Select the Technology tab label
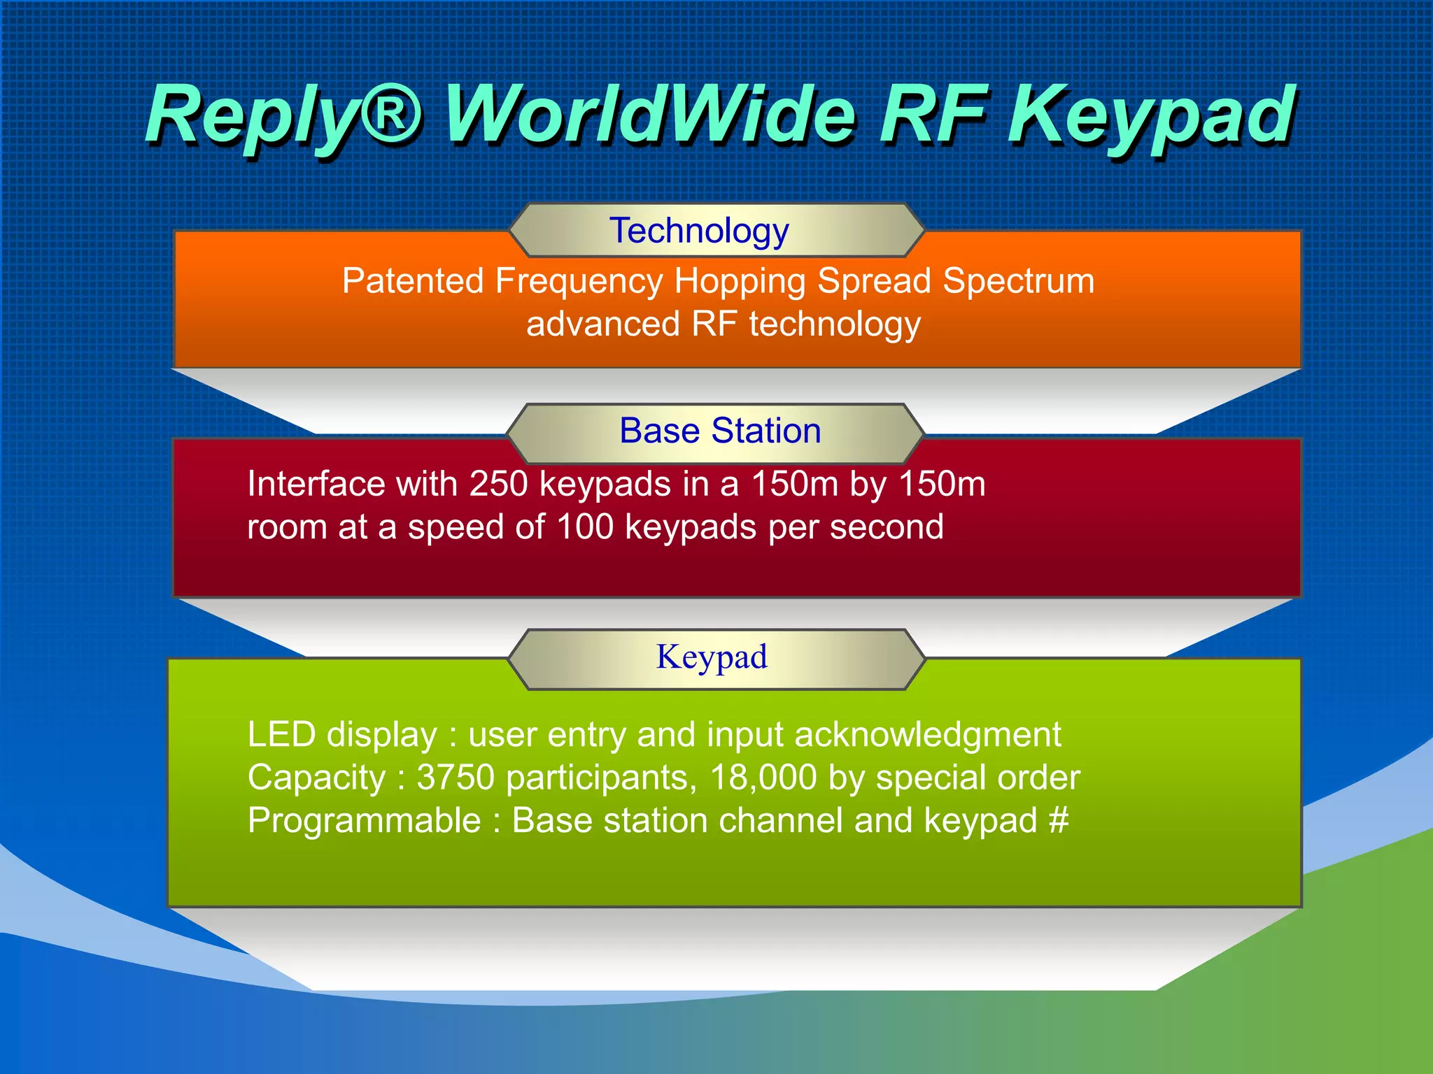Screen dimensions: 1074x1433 [x=699, y=231]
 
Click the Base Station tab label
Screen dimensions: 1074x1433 [x=720, y=431]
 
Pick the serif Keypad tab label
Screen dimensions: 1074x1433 [x=712, y=657]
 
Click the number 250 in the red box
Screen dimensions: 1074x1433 [x=498, y=484]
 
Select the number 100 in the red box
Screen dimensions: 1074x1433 [x=585, y=527]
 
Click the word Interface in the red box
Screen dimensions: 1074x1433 [x=316, y=484]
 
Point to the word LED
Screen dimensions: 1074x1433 [x=281, y=735]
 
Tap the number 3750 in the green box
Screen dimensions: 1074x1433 [x=456, y=778]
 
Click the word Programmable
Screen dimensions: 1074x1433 [x=364, y=821]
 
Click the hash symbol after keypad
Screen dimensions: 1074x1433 [x=1059, y=820]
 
